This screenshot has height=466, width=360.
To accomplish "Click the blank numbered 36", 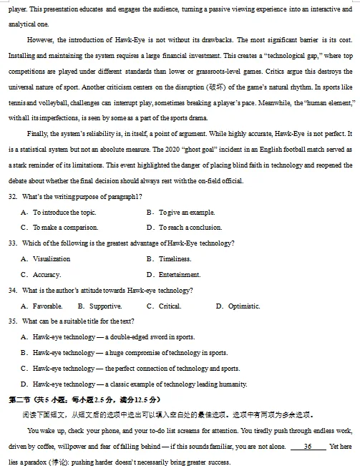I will pyautogui.click(x=308, y=447).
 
